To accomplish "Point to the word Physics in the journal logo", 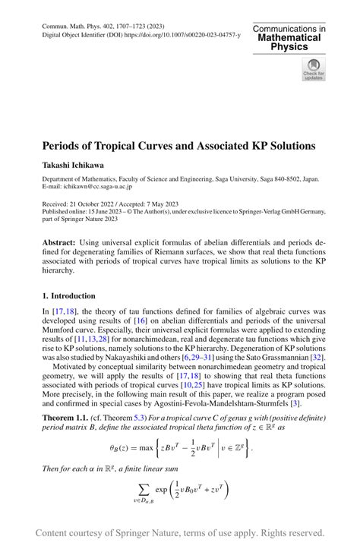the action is [289, 47].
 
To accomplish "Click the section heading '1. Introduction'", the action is [68, 295].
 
